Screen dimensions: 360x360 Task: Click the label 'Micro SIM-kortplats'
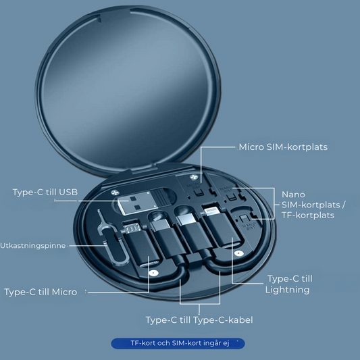click(283, 147)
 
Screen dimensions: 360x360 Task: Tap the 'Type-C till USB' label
click(45, 192)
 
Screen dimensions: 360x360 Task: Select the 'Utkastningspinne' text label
click(33, 245)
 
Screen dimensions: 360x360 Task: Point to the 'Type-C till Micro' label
click(41, 292)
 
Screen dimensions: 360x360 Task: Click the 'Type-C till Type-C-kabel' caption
click(199, 320)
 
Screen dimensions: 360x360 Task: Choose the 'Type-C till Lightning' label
click(288, 284)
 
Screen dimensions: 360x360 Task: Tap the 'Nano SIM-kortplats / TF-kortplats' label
click(313, 205)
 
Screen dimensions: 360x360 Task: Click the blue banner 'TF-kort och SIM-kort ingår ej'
click(178, 343)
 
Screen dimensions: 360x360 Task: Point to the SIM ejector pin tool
click(112, 239)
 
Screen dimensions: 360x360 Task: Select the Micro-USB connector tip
click(132, 228)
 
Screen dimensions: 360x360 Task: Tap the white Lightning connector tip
click(211, 211)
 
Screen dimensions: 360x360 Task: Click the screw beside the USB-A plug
click(115, 192)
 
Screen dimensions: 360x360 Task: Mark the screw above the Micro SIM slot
click(194, 177)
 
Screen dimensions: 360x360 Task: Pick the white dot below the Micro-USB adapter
click(153, 274)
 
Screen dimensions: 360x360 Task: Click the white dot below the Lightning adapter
click(239, 253)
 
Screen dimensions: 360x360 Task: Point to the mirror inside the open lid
click(128, 90)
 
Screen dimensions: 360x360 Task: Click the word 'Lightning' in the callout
click(288, 290)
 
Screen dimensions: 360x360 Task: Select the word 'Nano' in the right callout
click(293, 195)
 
